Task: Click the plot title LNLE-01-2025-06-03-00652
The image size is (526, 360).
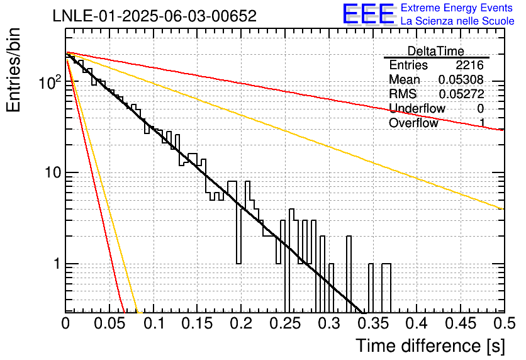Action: (155, 16)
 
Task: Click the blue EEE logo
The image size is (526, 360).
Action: (368, 14)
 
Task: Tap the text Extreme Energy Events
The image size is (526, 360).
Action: (457, 8)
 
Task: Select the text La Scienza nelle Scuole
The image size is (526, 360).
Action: (457, 21)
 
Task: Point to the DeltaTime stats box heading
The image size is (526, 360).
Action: (436, 51)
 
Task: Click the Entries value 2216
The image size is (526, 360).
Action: (469, 65)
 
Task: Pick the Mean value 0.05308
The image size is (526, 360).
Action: (461, 80)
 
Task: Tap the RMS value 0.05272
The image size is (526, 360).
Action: (461, 94)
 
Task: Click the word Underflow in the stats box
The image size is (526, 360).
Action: (417, 108)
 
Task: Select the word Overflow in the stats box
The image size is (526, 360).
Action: (413, 123)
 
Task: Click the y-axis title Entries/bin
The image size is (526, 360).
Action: (13, 70)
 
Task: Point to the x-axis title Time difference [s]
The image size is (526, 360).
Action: (430, 346)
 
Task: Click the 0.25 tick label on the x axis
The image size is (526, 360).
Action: (285, 323)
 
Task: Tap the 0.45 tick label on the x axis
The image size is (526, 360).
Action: (461, 323)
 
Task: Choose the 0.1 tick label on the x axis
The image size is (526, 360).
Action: (154, 323)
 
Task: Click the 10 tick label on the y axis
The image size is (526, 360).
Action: (53, 172)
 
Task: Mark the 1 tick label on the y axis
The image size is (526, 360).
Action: (57, 264)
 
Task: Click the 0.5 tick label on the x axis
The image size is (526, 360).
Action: (505, 323)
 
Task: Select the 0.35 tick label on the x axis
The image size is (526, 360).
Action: (372, 323)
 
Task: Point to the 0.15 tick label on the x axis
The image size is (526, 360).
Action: (198, 323)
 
